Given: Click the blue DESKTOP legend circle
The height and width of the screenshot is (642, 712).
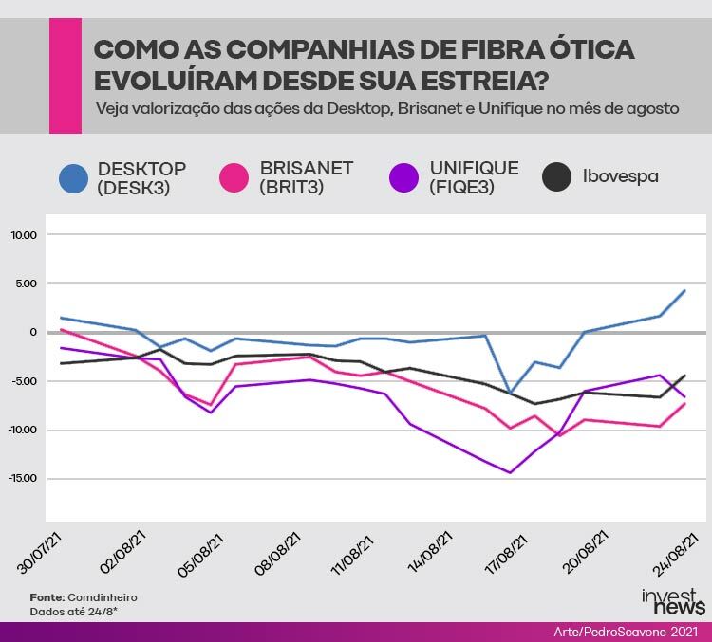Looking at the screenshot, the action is [73, 178].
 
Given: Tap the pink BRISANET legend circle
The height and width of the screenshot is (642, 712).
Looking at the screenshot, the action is [234, 177].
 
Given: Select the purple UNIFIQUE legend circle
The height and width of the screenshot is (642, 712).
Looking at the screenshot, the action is [403, 177].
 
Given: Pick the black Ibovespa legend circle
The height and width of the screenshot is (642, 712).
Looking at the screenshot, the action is [556, 176].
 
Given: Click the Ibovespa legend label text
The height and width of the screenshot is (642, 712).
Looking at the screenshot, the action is [620, 176].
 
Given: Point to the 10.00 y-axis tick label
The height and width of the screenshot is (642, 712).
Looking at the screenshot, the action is [24, 235].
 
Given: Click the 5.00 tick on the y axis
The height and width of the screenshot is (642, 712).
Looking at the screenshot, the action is [27, 284].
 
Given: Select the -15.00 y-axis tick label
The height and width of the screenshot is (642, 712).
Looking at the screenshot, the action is [22, 478].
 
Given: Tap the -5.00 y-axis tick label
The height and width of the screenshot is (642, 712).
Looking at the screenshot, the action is [24, 381].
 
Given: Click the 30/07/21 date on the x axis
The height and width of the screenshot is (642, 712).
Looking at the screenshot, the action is [40, 553].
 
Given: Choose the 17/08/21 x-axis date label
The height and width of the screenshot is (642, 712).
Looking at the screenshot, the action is [506, 555].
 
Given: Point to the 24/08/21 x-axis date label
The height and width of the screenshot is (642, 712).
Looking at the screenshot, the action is [675, 554].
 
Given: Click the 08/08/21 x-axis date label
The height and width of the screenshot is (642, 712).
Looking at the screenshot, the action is [278, 554].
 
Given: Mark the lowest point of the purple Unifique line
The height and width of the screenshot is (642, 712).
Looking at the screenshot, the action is [511, 473].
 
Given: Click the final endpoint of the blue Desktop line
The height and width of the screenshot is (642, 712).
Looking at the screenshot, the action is [684, 291].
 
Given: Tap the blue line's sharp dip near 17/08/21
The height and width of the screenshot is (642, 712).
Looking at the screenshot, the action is [511, 393].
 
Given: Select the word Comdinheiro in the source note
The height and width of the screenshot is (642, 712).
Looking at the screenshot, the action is [103, 597].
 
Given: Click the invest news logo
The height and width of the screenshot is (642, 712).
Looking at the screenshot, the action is [673, 601].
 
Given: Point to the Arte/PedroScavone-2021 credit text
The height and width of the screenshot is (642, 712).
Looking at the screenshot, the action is [626, 632].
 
